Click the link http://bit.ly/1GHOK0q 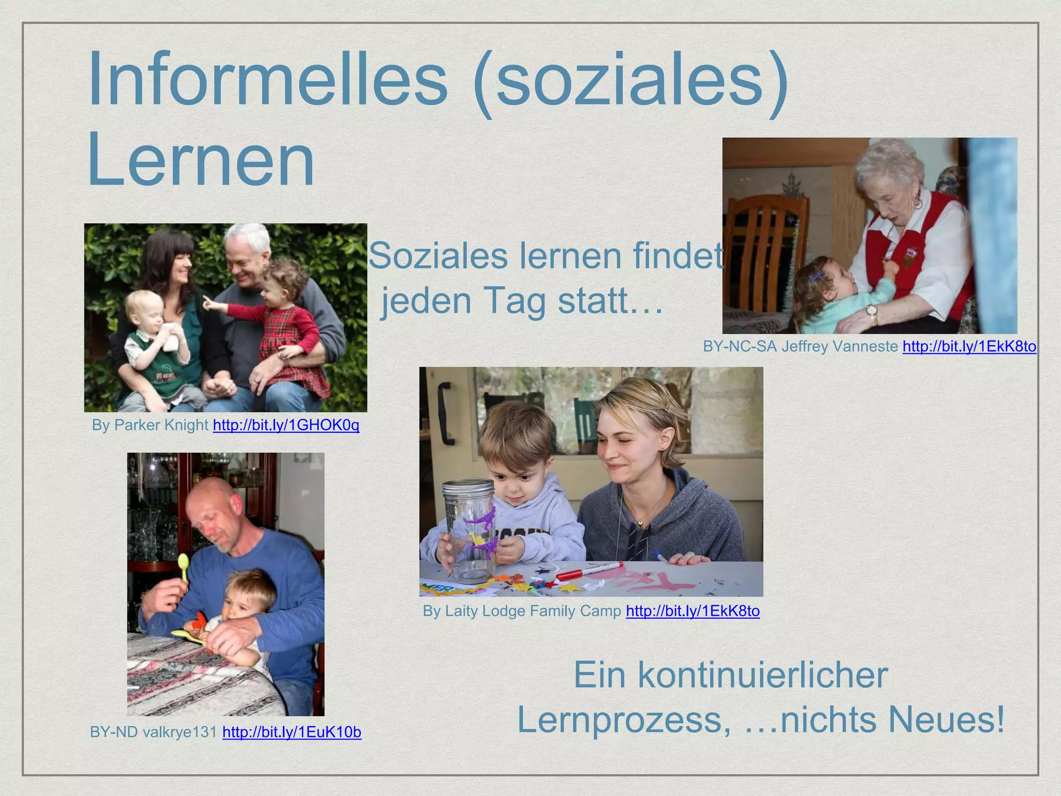(x=286, y=425)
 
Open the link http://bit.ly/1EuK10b (x=292, y=732)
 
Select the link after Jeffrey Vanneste (x=969, y=346)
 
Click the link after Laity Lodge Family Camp (x=693, y=611)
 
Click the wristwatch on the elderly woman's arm (x=872, y=311)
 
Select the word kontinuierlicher (x=762, y=675)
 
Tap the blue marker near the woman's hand (x=662, y=557)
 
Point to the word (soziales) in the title (x=630, y=80)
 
